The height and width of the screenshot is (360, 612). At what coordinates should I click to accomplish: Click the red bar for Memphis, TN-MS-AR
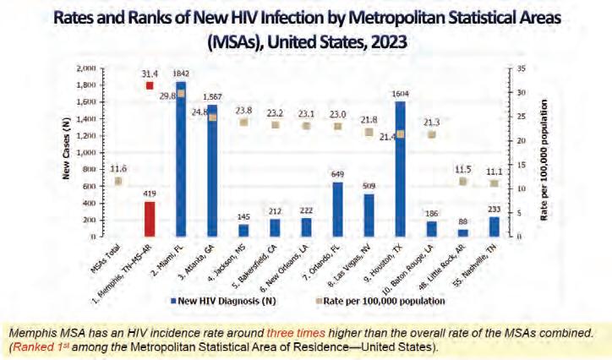click(x=149, y=219)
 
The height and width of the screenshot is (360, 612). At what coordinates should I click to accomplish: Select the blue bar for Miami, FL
click(x=181, y=161)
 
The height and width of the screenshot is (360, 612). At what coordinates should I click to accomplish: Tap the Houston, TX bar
click(x=399, y=169)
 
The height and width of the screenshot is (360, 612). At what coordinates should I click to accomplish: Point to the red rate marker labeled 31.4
click(x=150, y=85)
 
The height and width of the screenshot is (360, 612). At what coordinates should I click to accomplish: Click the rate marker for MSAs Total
click(x=118, y=181)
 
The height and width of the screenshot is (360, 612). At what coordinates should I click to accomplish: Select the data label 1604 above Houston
click(x=400, y=95)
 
